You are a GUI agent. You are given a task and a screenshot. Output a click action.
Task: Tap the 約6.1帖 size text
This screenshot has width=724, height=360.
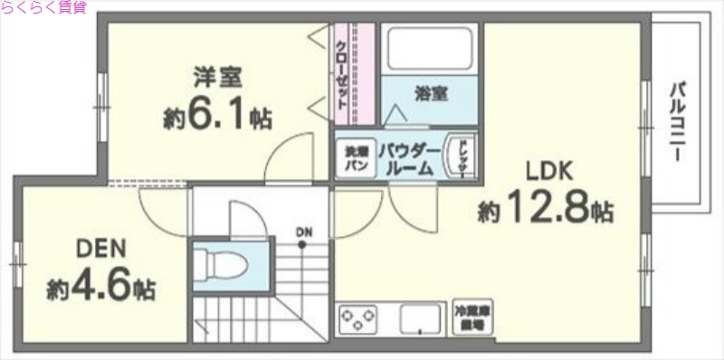[x=218, y=117]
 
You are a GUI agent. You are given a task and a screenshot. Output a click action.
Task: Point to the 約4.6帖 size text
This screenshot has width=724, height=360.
[x=101, y=289]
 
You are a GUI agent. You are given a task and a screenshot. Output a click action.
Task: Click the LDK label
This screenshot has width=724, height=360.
[x=545, y=171]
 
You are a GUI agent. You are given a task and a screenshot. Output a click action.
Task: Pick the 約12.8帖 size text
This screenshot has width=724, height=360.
[x=546, y=212]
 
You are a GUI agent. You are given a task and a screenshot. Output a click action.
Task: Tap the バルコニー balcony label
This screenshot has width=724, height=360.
[x=677, y=122]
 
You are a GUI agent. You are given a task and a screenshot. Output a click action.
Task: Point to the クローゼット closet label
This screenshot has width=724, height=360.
[x=342, y=76]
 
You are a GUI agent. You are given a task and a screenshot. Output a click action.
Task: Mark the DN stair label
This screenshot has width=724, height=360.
[x=304, y=232]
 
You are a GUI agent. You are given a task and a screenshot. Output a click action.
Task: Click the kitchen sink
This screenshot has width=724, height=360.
[x=419, y=319]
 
